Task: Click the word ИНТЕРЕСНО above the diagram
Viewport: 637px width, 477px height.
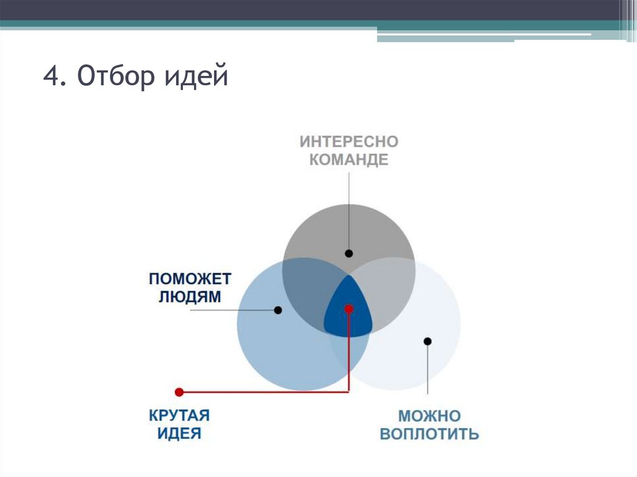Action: click(348, 141)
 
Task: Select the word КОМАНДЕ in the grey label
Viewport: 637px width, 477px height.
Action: click(348, 160)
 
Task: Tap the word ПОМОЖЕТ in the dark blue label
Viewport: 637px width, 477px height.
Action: click(190, 278)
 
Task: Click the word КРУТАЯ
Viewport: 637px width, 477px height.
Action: click(179, 415)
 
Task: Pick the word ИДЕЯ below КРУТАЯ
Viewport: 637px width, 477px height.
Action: click(179, 433)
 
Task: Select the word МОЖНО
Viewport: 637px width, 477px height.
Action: click(429, 415)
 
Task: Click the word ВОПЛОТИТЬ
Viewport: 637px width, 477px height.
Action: click(429, 433)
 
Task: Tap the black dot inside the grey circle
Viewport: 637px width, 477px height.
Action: click(349, 253)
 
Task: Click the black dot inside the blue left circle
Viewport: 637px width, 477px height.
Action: click(278, 310)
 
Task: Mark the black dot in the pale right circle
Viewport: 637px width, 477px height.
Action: click(427, 341)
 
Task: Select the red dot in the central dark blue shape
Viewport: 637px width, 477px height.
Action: click(349, 308)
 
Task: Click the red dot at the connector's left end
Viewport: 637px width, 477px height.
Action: click(179, 392)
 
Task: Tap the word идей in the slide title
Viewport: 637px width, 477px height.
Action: click(196, 78)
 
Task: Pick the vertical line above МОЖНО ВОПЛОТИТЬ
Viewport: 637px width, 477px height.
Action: click(428, 370)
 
